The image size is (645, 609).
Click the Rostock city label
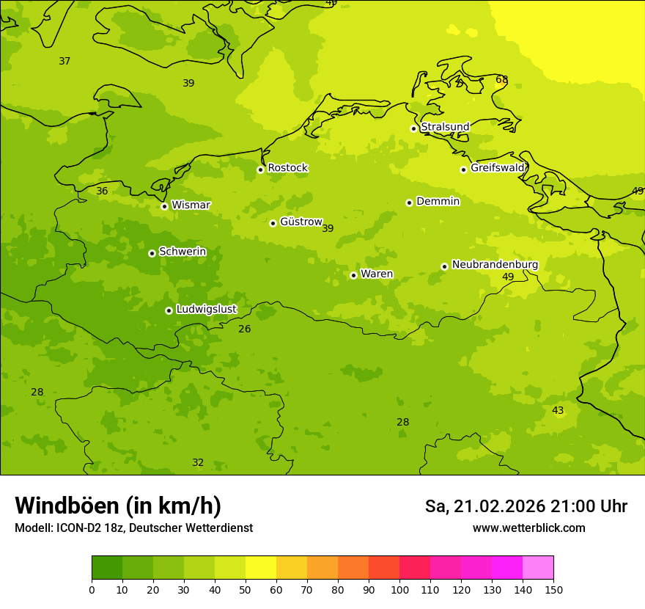287,168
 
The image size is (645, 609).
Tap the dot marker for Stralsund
413,128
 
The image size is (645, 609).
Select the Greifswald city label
497,168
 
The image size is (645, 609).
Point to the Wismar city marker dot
164,206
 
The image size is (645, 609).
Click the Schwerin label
183,252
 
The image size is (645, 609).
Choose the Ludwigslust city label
206,310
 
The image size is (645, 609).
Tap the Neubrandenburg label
495,265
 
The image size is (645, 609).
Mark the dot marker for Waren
353,275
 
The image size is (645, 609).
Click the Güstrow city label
301,222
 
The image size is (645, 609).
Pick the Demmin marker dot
409,203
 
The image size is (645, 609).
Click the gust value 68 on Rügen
501,80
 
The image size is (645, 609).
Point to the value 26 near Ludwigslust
244,329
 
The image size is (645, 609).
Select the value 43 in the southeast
558,410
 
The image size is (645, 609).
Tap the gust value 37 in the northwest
64,61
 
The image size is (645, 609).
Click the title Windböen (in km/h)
118,506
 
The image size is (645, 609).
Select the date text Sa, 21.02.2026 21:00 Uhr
526,506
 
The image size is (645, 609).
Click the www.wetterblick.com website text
528,528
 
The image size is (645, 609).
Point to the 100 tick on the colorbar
399,589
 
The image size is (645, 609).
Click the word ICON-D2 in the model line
77,528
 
